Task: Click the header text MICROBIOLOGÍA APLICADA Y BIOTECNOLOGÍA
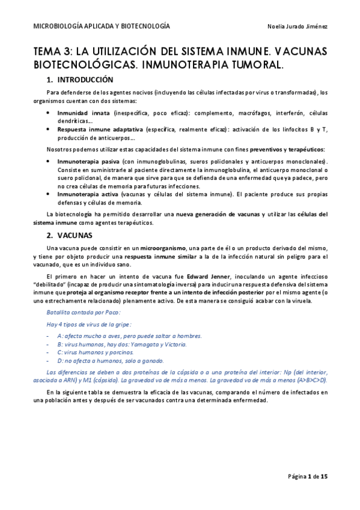tap(101, 26)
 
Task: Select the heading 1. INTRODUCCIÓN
tap(79, 79)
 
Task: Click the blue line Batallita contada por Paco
tap(83, 312)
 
